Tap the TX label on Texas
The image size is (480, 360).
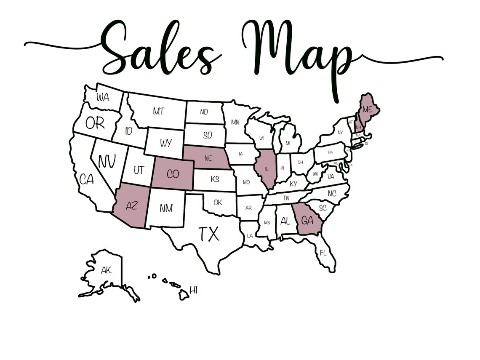tap(209, 234)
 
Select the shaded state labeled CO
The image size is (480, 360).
tap(173, 174)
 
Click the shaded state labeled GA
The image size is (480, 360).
tap(308, 220)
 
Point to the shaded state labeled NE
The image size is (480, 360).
tap(207, 158)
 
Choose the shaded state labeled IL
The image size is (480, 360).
tap(266, 168)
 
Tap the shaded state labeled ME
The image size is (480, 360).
tap(367, 109)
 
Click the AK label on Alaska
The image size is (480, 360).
tap(106, 270)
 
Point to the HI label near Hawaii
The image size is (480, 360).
tap(193, 290)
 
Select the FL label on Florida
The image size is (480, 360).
tap(323, 253)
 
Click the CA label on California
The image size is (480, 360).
tap(86, 179)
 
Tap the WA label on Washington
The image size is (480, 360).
tap(102, 97)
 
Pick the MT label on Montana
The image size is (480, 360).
tap(158, 112)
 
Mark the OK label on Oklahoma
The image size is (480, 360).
tap(218, 203)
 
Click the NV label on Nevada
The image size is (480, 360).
tap(107, 161)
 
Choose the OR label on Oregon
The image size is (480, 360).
tap(95, 123)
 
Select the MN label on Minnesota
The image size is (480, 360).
tap(235, 122)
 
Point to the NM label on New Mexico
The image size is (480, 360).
tap(166, 208)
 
